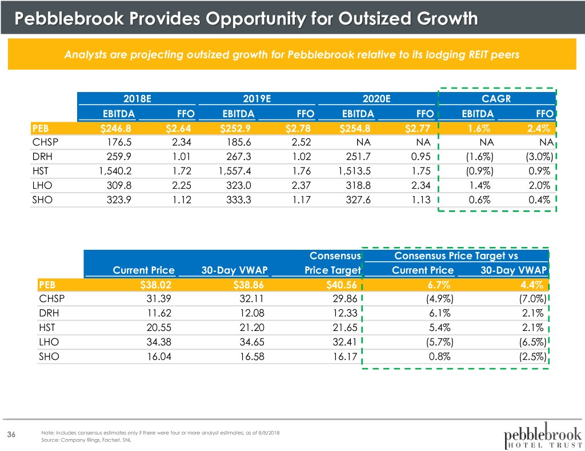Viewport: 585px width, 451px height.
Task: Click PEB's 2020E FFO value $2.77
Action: point(423,126)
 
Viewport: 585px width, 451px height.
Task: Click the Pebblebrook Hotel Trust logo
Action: point(543,436)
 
